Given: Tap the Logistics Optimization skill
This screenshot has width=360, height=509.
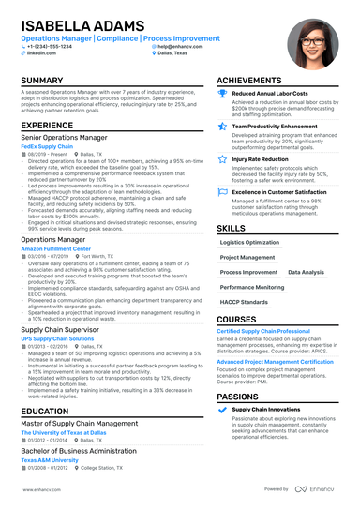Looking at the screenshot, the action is (249, 242).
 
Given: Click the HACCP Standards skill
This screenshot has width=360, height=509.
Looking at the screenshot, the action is (243, 301).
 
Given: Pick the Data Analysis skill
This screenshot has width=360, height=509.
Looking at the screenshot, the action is (306, 272).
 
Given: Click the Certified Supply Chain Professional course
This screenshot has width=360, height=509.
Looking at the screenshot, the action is (263, 331).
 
